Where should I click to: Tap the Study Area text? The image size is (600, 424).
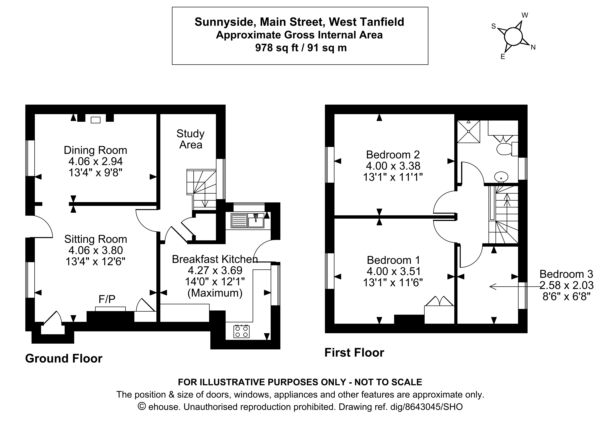point(190,139)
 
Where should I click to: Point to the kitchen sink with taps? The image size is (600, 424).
point(256,220)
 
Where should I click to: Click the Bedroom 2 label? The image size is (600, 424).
point(393,155)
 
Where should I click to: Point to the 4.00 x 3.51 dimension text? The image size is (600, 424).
point(394,271)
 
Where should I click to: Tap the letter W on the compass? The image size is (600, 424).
point(525,15)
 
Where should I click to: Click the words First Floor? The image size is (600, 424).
point(354,353)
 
